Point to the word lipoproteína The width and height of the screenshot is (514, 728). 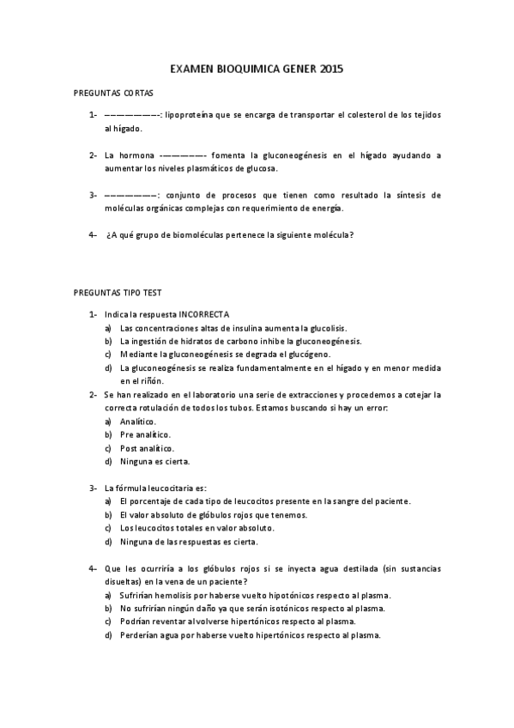click(190, 114)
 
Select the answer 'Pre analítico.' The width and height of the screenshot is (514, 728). click(145, 435)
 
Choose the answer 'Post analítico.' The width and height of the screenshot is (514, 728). click(147, 448)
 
